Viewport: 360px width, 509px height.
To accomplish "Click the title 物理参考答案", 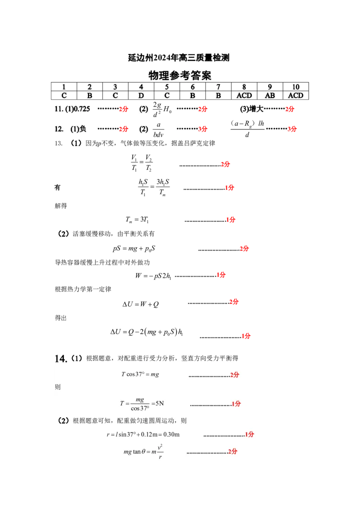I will click(180, 75).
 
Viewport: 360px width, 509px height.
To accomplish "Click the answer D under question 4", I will click(141, 95).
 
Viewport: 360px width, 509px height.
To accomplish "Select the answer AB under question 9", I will click(270, 95).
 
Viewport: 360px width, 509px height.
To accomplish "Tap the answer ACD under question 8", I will click(244, 95).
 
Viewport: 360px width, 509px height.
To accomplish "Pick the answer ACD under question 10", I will click(296, 95).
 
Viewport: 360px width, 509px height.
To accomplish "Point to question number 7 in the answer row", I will click(218, 87).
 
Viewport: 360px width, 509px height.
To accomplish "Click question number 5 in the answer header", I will click(167, 87).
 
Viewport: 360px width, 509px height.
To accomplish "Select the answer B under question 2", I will click(90, 95).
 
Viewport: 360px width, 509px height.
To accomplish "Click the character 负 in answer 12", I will click(83, 129).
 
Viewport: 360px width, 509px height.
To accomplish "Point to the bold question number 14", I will click(61, 358).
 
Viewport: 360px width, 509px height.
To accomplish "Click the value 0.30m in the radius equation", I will click(171, 434).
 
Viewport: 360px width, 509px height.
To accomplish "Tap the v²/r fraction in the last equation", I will click(160, 452).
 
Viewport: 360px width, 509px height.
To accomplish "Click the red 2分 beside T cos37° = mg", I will click(234, 375).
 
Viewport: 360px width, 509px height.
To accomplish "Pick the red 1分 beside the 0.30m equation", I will click(250, 434).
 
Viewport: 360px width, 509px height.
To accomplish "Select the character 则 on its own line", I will click(58, 387).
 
